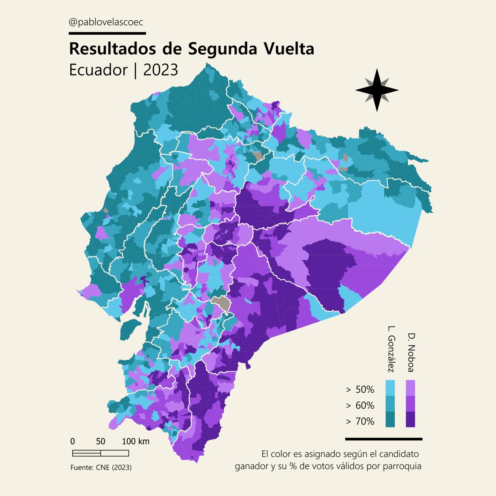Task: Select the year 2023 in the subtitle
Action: pyautogui.click(x=160, y=70)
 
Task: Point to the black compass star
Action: pyautogui.click(x=377, y=90)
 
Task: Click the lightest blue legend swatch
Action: pyautogui.click(x=390, y=388)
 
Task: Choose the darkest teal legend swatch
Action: pyautogui.click(x=390, y=419)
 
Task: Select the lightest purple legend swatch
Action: pyautogui.click(x=410, y=388)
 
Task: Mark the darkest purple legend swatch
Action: pyautogui.click(x=410, y=419)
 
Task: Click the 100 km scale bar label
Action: pyautogui.click(x=136, y=441)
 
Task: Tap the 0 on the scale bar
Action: pyautogui.click(x=72, y=441)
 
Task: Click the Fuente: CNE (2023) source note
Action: pyautogui.click(x=101, y=467)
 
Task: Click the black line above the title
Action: pyautogui.click(x=107, y=33)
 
